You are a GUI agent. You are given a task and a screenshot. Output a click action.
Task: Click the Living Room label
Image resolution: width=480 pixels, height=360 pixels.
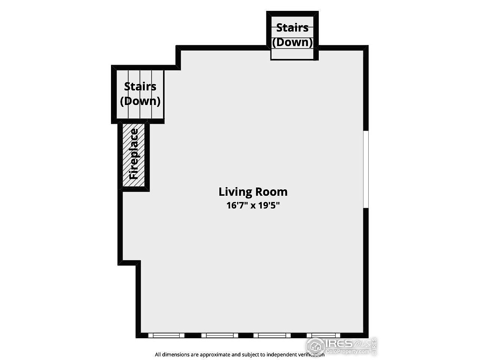click(x=253, y=192)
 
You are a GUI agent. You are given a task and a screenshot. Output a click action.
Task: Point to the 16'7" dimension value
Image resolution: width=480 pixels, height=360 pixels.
click(x=237, y=205)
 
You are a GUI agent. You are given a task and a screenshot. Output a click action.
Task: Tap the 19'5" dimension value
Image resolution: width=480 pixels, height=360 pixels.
click(x=269, y=205)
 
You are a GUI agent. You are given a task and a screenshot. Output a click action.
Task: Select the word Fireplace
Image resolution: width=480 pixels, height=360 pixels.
click(x=133, y=154)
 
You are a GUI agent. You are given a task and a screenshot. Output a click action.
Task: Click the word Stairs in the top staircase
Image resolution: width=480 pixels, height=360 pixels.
click(x=292, y=27)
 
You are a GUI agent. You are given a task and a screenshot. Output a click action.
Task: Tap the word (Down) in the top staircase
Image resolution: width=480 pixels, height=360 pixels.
click(x=292, y=42)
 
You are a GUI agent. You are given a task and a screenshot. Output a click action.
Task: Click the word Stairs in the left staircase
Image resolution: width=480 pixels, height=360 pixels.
click(x=140, y=86)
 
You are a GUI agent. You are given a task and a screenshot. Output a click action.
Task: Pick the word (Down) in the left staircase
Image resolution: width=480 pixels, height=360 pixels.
click(x=140, y=101)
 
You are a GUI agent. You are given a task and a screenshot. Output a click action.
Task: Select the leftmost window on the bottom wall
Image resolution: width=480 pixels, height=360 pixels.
click(x=166, y=335)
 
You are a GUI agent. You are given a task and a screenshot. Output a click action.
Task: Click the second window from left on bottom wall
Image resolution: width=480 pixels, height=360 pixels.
click(x=219, y=335)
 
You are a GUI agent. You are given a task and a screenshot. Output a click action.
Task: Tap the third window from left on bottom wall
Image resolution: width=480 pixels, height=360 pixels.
click(x=272, y=335)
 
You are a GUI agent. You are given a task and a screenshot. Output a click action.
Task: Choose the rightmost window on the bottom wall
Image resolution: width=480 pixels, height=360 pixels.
click(x=323, y=335)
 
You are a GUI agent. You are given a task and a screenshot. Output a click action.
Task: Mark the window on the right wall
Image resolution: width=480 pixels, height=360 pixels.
click(x=366, y=169)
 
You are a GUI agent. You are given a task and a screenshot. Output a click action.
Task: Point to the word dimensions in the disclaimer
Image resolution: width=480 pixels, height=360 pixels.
click(x=177, y=354)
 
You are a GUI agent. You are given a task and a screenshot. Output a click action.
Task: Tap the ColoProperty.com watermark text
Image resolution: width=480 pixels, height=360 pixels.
click(x=347, y=351)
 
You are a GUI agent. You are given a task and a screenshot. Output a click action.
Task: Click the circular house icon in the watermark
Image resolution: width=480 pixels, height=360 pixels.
click(x=315, y=346)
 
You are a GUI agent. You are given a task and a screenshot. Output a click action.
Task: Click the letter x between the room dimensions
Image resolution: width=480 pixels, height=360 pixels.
click(x=253, y=206)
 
